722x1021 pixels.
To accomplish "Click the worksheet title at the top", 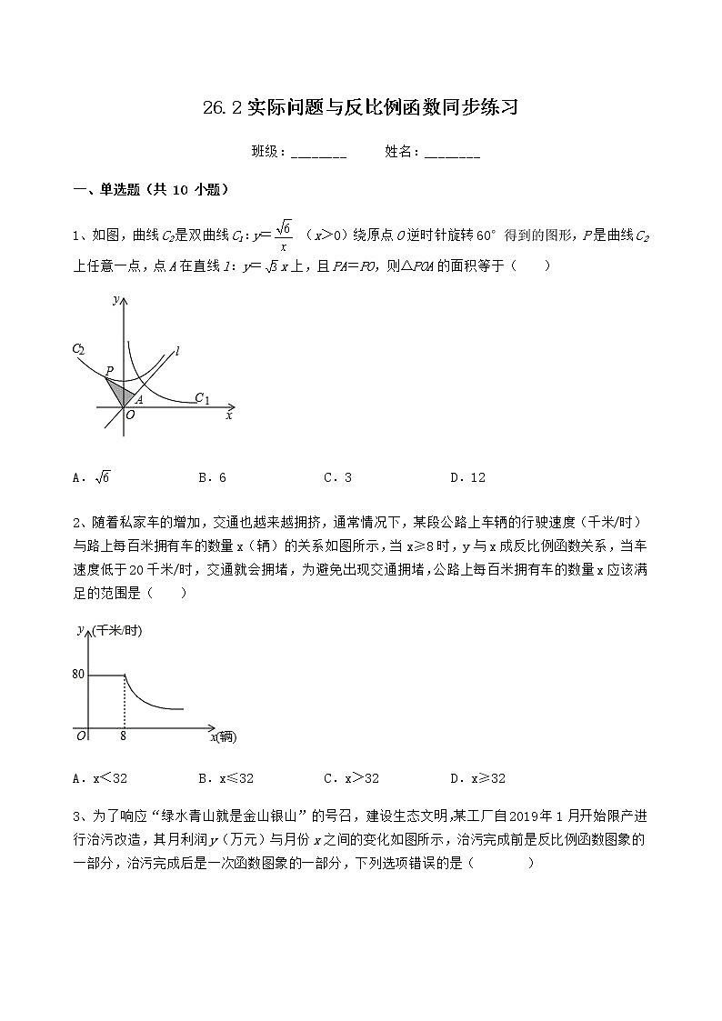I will click(360, 108).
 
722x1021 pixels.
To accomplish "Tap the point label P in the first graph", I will click(108, 371).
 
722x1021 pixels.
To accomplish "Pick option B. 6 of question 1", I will click(212, 477).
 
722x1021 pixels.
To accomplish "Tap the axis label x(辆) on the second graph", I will click(223, 737).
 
